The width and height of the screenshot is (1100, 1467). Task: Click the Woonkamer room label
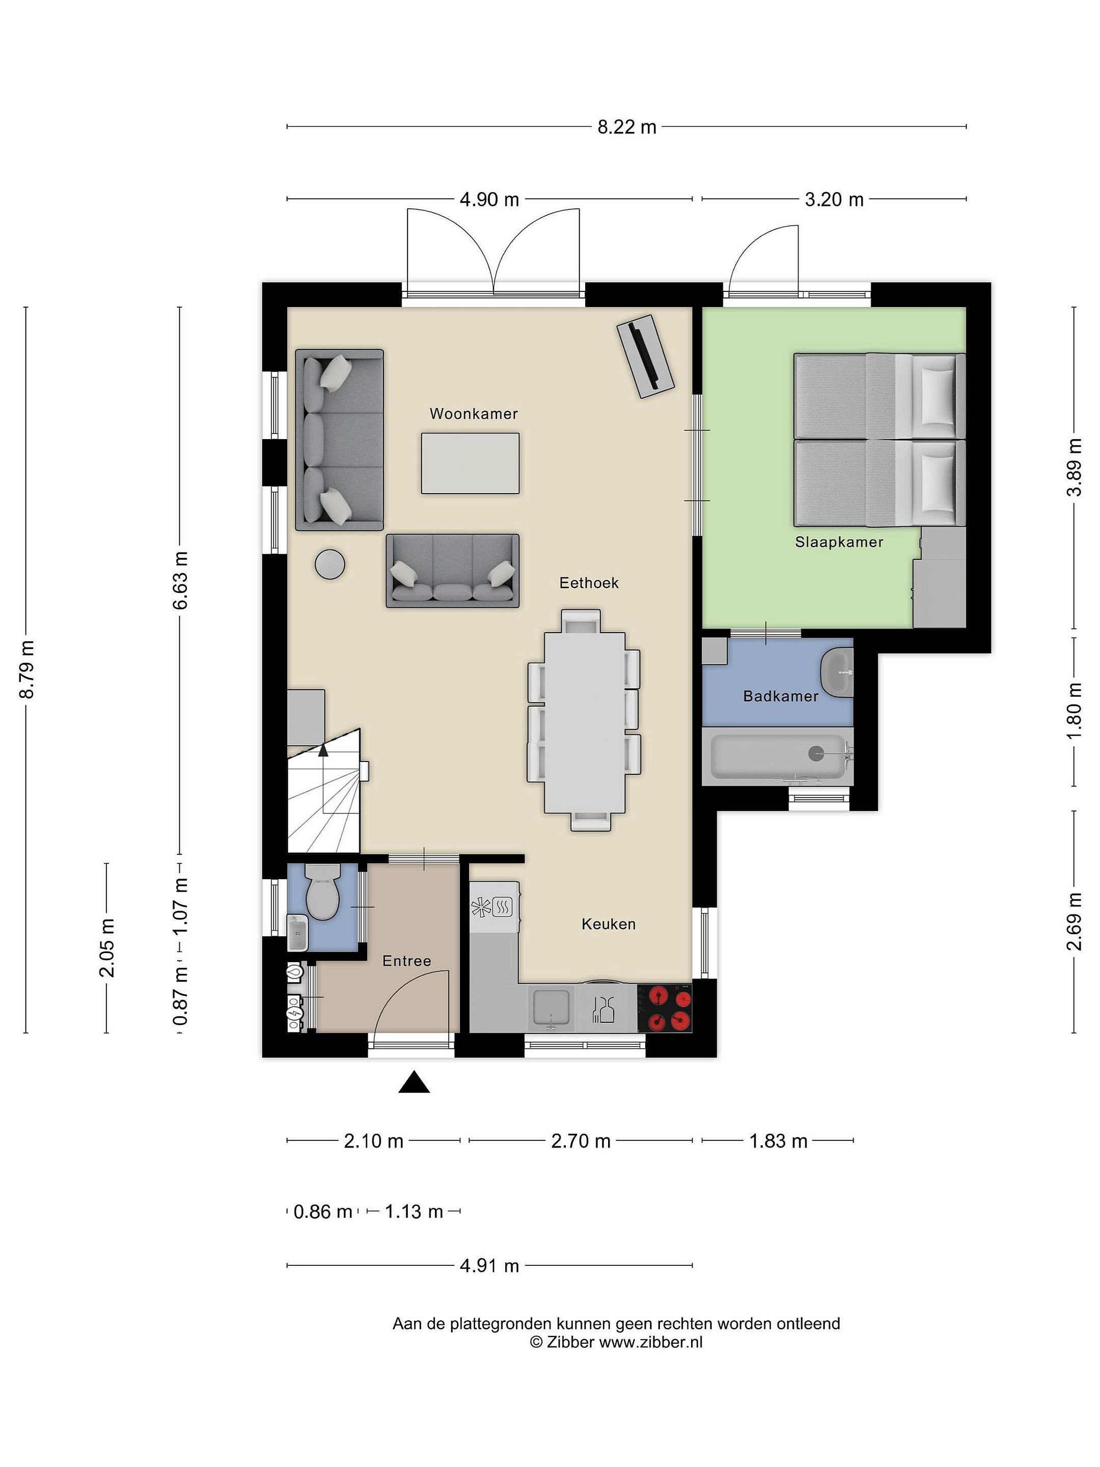coord(474,414)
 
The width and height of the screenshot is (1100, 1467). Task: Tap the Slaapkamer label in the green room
coord(839,542)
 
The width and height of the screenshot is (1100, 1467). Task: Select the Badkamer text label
coord(780,696)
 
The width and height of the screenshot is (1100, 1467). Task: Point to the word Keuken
coord(608,924)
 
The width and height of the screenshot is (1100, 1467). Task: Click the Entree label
coord(406,961)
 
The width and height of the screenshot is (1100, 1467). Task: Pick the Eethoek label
coord(589,583)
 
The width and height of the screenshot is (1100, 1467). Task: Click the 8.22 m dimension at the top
coord(626,127)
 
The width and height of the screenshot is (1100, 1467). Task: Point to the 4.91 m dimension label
coord(489,1265)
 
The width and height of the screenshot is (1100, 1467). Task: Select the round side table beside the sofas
coord(329,565)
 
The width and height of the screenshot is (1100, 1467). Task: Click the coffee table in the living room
coord(470,463)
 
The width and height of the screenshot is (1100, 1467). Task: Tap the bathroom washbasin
coord(837,673)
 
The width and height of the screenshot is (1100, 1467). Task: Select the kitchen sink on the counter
coord(551,1009)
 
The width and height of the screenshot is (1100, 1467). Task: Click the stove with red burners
coord(665,1008)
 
